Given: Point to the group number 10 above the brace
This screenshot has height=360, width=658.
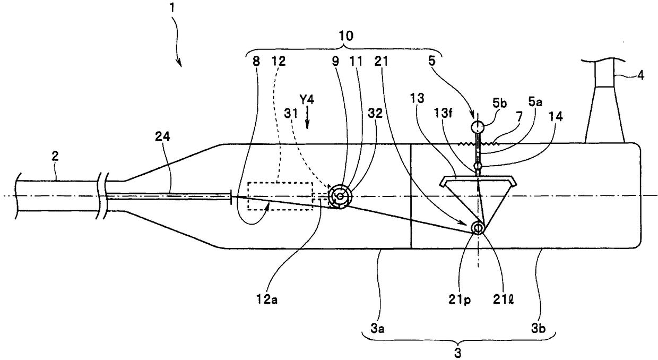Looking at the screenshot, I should (345, 36).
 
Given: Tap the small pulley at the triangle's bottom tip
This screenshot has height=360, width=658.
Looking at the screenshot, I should (478, 228).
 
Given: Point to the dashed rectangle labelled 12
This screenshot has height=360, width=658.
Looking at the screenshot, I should (280, 196).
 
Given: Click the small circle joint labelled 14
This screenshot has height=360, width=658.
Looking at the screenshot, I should (478, 166).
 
